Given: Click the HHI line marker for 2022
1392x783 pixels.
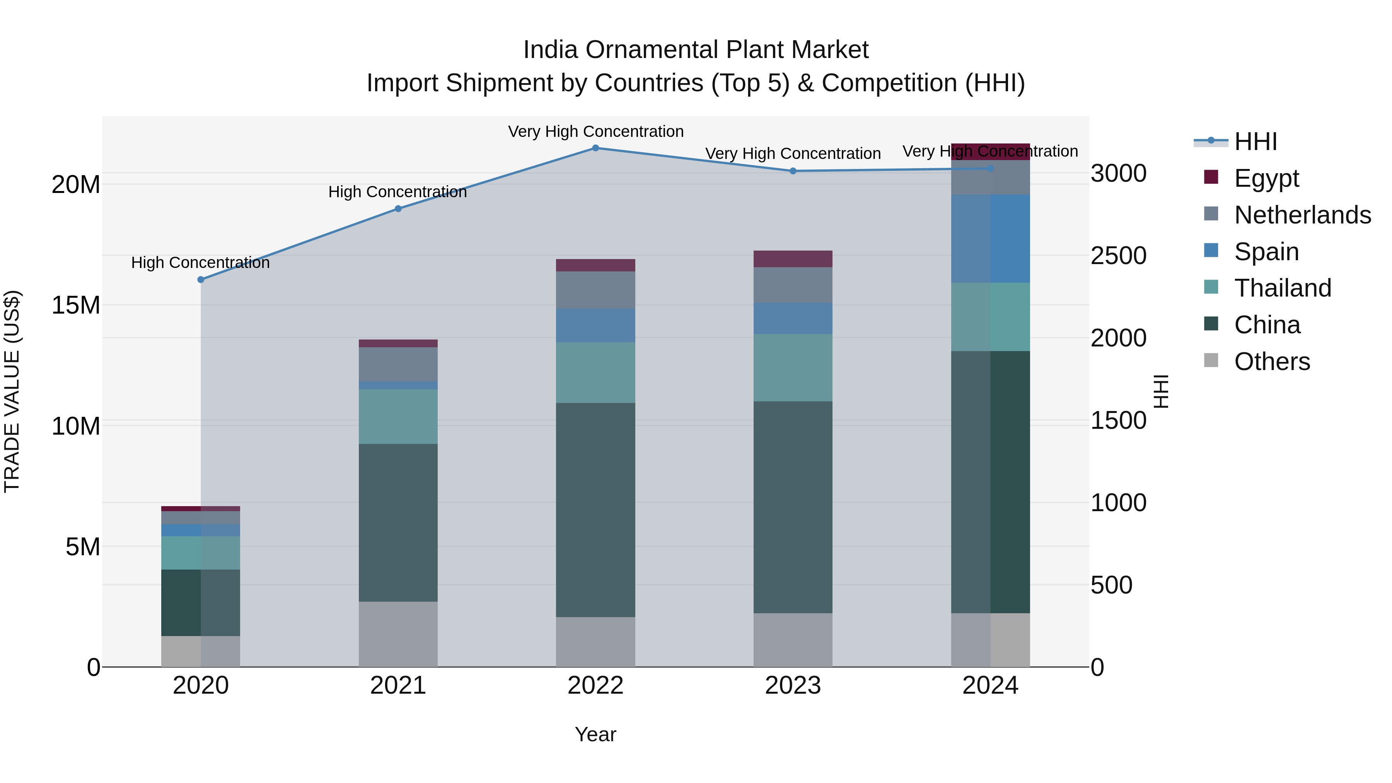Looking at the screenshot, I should tap(595, 148).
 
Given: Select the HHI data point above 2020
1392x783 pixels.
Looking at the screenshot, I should tap(200, 280).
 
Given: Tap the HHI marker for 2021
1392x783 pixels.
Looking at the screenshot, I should tap(398, 208).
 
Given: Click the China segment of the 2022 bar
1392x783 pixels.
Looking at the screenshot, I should tap(595, 510).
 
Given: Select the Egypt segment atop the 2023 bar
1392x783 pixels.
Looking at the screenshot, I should tap(793, 259).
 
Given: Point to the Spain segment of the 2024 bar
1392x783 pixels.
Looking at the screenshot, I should tap(991, 238).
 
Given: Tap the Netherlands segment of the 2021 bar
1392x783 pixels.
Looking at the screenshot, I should tap(398, 364).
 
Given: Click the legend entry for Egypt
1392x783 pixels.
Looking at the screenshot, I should tap(1266, 178).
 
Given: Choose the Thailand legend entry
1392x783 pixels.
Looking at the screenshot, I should tap(1282, 288).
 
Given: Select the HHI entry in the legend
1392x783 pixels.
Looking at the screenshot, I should tap(1255, 142).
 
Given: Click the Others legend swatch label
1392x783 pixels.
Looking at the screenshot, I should tap(1271, 362).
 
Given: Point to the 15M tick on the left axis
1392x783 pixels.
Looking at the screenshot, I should tap(76, 305).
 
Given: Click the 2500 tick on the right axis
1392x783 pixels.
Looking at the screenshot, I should tap(1118, 256).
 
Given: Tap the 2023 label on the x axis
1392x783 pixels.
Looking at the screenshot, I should tap(793, 686).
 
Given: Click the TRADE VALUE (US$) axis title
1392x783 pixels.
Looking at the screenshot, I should tap(12, 391).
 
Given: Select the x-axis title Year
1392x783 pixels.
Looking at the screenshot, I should tap(595, 734).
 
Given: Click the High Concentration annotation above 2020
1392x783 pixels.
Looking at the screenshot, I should tap(200, 263).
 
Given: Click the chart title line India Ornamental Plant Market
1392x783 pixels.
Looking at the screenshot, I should tap(696, 50).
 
